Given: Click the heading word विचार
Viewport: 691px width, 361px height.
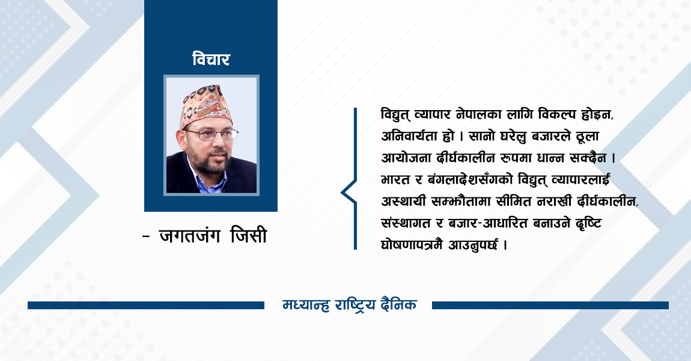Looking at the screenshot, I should coord(211,60).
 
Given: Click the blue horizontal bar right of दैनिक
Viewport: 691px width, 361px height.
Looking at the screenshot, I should coord(550,305).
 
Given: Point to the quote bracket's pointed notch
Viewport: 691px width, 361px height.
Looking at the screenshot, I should coord(342,193).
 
